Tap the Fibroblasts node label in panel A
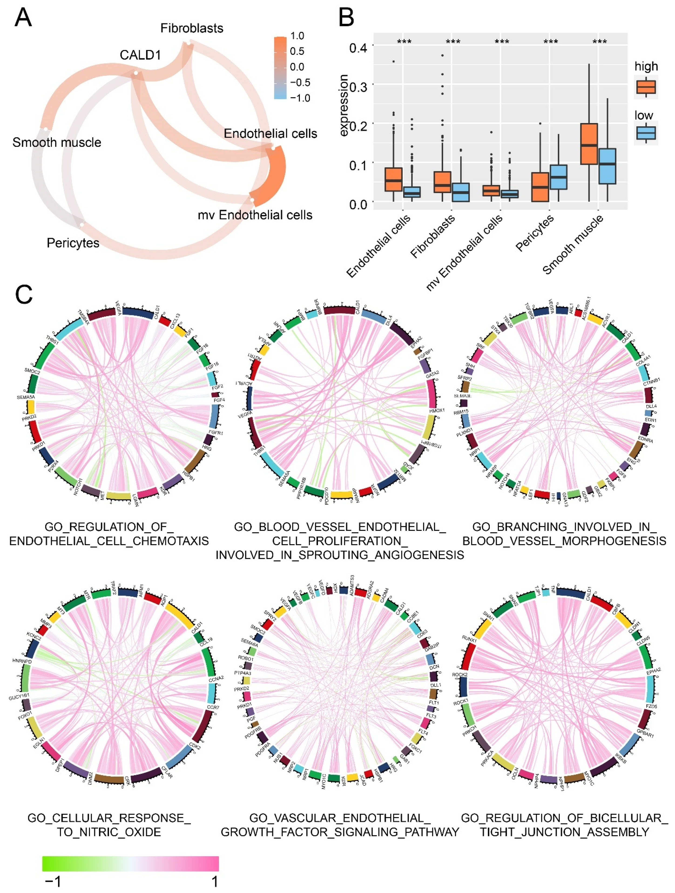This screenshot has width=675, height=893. coord(192,28)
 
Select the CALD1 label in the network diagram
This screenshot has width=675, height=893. coord(140,55)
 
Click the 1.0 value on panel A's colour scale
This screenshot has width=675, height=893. coord(297,36)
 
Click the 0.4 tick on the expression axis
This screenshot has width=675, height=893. coord(358,48)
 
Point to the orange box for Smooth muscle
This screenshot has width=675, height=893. coord(589,144)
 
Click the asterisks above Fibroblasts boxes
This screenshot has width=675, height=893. coord(453,42)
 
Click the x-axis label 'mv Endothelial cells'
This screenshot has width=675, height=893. coord(465,252)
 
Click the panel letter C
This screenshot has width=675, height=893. coord(24,295)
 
